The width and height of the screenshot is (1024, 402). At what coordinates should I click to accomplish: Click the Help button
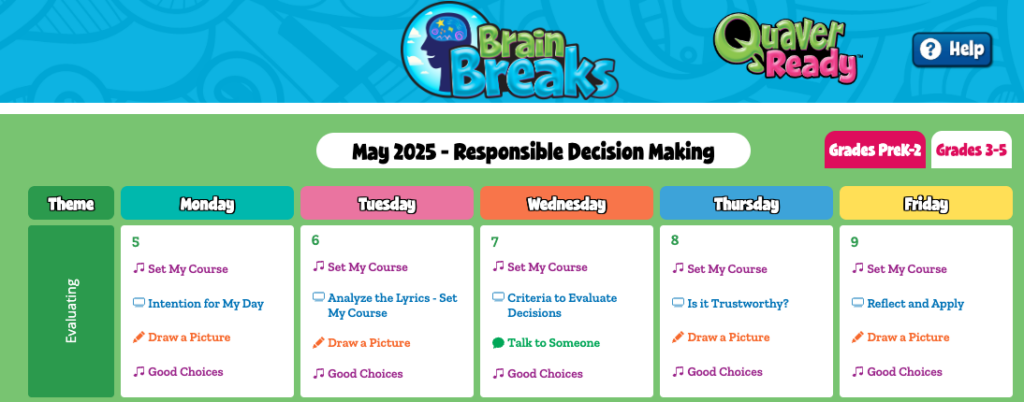click(952, 50)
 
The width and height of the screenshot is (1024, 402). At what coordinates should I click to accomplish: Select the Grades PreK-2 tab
click(874, 150)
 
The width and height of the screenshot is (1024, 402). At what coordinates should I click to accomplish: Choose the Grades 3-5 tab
click(971, 150)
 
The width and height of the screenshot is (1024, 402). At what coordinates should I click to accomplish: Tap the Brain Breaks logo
click(509, 50)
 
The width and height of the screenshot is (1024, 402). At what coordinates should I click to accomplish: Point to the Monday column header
click(207, 204)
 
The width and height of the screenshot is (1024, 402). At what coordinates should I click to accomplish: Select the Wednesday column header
click(566, 204)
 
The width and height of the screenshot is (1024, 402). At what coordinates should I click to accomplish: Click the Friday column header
click(925, 204)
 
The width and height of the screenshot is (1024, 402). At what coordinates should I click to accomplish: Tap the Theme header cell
click(71, 204)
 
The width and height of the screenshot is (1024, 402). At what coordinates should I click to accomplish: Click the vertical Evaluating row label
click(71, 311)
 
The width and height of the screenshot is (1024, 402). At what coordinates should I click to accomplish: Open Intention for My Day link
click(206, 303)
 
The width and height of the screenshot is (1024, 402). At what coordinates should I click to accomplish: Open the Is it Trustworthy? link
click(738, 303)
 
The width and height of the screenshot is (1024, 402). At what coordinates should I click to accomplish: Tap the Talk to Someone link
click(553, 343)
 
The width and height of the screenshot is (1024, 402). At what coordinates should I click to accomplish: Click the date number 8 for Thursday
click(675, 240)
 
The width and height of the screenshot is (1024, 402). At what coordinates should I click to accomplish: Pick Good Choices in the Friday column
click(904, 372)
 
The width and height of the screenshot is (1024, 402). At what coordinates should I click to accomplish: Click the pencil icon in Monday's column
click(138, 337)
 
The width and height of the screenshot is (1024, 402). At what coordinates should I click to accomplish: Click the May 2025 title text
click(533, 151)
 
